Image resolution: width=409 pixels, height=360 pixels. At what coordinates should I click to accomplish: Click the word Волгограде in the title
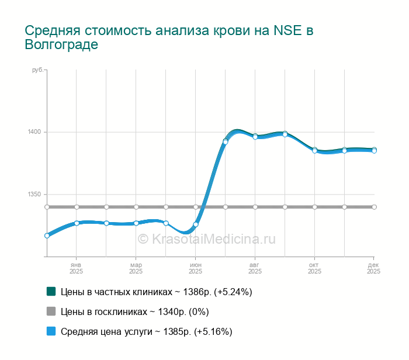(x=61, y=44)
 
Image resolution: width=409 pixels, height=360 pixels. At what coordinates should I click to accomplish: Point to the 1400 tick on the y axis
(x=34, y=132)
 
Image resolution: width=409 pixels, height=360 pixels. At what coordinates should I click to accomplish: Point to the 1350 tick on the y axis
(x=34, y=195)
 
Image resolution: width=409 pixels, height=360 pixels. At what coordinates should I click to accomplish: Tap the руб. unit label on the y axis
(x=37, y=70)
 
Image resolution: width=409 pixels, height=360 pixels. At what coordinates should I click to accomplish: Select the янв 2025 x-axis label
(x=76, y=268)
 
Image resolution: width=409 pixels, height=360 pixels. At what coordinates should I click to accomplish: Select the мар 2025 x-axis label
(x=136, y=268)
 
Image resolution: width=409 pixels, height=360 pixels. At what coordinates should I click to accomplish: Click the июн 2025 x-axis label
(x=195, y=268)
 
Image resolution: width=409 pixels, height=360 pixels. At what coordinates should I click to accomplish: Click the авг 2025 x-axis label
(x=255, y=268)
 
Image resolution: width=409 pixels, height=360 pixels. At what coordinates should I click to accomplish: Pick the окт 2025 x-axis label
(x=314, y=268)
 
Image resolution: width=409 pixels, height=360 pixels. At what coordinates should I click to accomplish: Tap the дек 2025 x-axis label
(x=373, y=268)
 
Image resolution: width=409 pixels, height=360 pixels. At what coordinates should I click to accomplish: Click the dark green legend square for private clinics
(x=51, y=291)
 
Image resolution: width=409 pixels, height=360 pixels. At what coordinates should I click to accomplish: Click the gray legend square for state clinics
(x=51, y=311)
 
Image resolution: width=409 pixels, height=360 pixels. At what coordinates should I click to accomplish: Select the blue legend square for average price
(x=51, y=331)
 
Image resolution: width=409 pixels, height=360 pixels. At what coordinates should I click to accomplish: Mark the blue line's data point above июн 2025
(x=196, y=224)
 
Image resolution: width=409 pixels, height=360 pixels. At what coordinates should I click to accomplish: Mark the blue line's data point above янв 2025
(x=77, y=223)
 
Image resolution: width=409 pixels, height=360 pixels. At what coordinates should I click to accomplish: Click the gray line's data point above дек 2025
(x=374, y=207)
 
